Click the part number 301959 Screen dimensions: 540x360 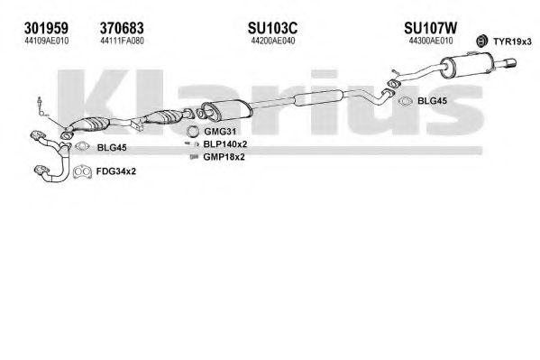(x=46, y=28)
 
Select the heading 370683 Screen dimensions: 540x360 (x=122, y=28)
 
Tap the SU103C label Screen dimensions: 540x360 (x=272, y=28)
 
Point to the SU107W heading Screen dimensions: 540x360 (x=431, y=28)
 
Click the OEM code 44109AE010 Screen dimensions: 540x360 (x=47, y=41)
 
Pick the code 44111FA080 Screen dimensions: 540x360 (x=123, y=41)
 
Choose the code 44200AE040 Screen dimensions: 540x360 (x=273, y=41)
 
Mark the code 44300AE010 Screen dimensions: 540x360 (x=431, y=41)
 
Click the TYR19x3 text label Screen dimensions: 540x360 (x=512, y=42)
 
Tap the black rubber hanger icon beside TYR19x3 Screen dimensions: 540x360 (x=481, y=41)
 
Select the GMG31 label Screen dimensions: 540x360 (x=220, y=132)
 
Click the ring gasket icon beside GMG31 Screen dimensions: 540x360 (x=193, y=132)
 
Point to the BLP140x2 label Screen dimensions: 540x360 (x=225, y=144)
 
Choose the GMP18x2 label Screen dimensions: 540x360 (x=224, y=157)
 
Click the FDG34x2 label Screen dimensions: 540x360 (x=116, y=171)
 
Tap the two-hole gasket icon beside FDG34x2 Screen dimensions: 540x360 (x=82, y=172)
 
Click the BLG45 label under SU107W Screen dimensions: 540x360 (x=432, y=101)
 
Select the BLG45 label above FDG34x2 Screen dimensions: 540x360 (x=112, y=148)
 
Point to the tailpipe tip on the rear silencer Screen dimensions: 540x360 (x=510, y=63)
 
